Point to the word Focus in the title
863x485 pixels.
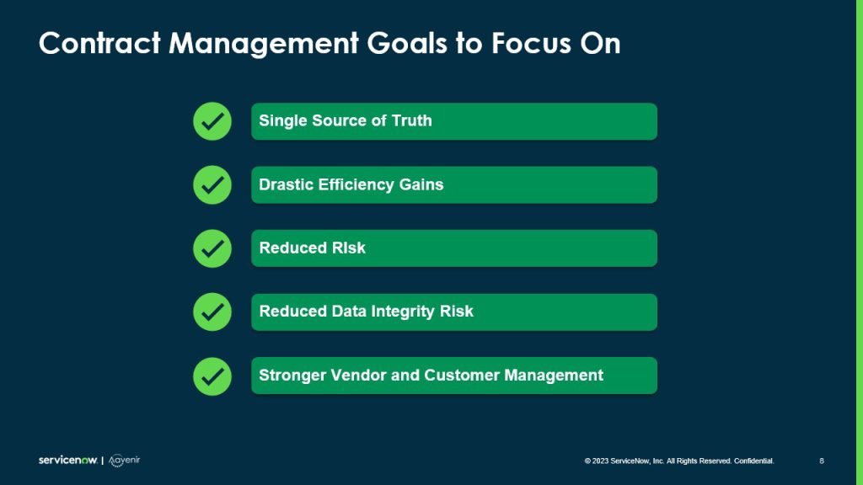(528, 44)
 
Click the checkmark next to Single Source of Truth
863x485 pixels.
(212, 121)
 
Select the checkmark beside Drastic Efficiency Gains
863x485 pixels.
(212, 184)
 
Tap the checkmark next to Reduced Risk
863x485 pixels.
(212, 248)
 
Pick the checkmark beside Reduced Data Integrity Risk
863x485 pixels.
(212, 312)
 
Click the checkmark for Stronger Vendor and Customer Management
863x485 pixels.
(212, 376)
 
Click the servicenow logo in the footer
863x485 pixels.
(67, 461)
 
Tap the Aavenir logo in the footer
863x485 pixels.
(124, 461)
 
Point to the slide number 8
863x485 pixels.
(822, 461)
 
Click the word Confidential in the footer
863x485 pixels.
(754, 461)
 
